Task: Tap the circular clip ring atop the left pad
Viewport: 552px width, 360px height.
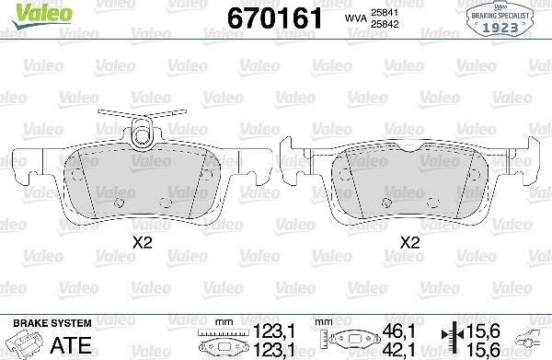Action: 142,137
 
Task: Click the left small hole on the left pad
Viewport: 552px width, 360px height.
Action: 117,203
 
